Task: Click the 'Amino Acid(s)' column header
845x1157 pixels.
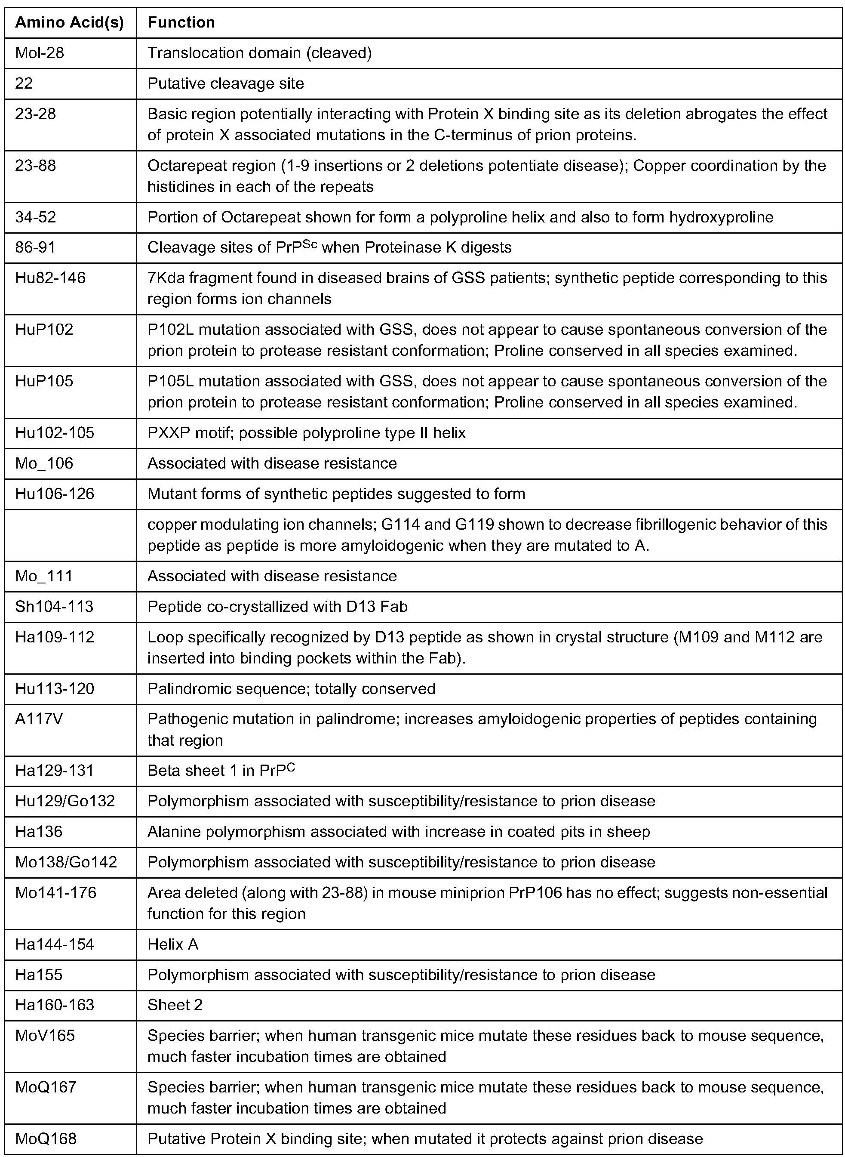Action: (x=70, y=22)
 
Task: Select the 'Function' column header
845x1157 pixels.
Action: (x=181, y=22)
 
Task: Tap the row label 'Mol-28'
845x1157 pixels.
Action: (x=40, y=52)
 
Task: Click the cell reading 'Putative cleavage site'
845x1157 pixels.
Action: (x=226, y=83)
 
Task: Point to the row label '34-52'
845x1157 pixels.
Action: (x=36, y=217)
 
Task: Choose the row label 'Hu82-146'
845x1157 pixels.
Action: (x=51, y=278)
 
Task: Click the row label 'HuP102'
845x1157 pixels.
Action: (x=44, y=329)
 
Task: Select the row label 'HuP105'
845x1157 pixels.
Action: (x=44, y=381)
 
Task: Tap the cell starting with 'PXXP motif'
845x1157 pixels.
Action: (x=306, y=433)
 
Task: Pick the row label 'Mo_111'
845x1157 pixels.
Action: (x=44, y=576)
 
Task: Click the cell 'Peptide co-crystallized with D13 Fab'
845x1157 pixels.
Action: (x=277, y=606)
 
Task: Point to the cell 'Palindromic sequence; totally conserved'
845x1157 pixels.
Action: (x=291, y=688)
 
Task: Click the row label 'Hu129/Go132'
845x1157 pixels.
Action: (x=65, y=801)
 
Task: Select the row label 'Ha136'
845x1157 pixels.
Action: (x=39, y=832)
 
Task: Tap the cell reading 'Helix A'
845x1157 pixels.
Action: (x=173, y=944)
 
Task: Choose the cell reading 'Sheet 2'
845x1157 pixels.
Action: (x=175, y=1005)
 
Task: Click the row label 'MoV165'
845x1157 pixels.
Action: (x=45, y=1035)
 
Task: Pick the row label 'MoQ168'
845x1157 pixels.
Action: (x=46, y=1138)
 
